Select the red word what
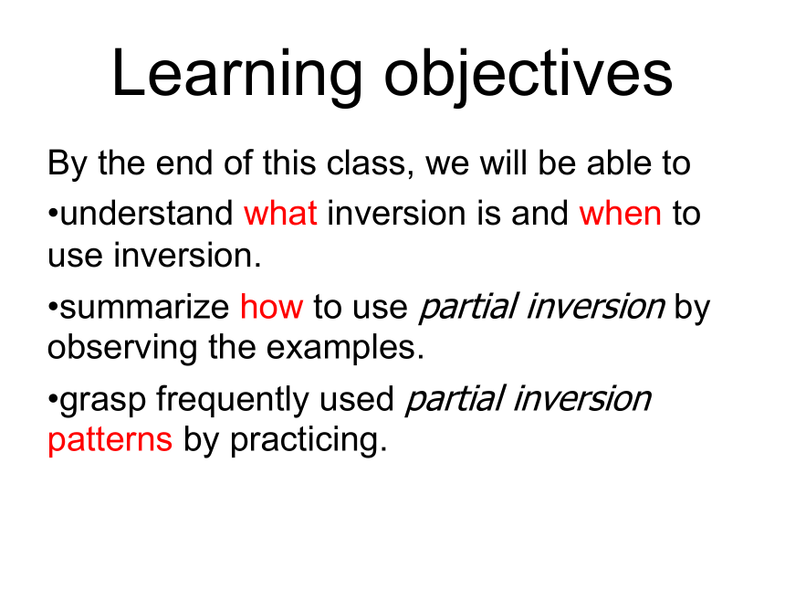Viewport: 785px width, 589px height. (x=280, y=213)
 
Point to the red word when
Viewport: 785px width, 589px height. (x=621, y=213)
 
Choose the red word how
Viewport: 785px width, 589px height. (x=272, y=306)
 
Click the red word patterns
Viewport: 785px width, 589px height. (x=110, y=440)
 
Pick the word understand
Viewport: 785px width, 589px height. (x=147, y=213)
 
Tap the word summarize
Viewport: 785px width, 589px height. (x=145, y=307)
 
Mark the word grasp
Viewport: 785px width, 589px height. (x=103, y=401)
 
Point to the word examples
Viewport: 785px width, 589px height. (x=345, y=348)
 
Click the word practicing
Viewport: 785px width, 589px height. (x=309, y=440)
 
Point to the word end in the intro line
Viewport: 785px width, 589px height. (x=184, y=163)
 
